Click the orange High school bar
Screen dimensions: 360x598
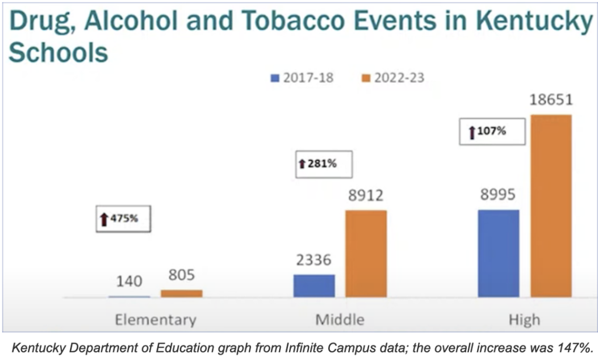(551, 206)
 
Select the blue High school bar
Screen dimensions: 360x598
(498, 253)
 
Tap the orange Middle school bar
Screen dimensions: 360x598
(366, 254)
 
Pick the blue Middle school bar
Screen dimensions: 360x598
(314, 286)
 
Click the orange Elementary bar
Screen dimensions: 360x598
(182, 293)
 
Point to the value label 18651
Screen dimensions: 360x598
(551, 99)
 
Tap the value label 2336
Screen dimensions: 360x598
(313, 259)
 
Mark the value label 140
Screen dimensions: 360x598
(128, 281)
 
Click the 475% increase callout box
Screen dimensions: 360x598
(121, 219)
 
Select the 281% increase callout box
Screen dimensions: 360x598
(324, 164)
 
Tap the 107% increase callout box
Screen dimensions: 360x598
(493, 131)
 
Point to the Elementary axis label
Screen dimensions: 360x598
(155, 320)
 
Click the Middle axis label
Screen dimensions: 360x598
(339, 320)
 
